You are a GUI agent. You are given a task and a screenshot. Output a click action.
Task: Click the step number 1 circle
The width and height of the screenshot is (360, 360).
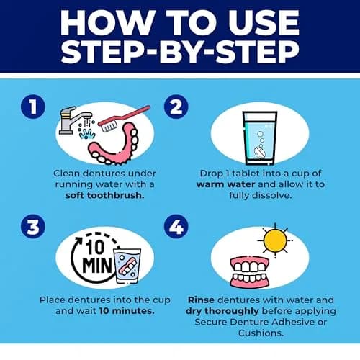tap(33, 107)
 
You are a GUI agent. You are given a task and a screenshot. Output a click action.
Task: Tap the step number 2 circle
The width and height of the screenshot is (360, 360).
tap(176, 107)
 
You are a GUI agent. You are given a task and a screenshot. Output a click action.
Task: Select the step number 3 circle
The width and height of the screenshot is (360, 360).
tap(33, 226)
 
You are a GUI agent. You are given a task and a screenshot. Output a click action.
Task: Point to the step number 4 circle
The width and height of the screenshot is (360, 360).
tap(176, 226)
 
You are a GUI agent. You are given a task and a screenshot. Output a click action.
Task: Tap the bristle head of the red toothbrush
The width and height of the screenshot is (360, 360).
tap(109, 125)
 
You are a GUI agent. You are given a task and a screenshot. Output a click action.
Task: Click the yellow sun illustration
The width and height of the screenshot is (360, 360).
tap(275, 240)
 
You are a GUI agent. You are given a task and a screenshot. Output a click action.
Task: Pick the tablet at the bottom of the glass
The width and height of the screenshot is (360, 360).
tap(260, 152)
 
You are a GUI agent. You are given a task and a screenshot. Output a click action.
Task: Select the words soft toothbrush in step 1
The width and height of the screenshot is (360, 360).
tap(104, 195)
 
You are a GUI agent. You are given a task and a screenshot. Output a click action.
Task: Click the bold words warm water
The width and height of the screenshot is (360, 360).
tap(225, 184)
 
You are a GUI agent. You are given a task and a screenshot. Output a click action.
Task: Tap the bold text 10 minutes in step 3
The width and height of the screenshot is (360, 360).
tap(127, 311)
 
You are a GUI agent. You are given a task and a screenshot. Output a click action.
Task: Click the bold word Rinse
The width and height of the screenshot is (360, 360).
tap(201, 300)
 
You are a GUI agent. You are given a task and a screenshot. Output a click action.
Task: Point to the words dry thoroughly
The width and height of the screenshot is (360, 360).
tap(222, 311)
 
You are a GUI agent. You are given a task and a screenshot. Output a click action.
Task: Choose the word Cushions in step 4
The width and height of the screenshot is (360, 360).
tap(261, 333)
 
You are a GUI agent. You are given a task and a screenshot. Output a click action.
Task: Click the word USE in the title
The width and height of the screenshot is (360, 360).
tap(264, 22)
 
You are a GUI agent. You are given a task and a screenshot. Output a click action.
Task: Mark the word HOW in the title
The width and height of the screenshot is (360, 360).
tap(108, 22)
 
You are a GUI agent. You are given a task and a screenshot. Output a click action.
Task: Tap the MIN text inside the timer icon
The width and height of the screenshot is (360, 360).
tap(97, 266)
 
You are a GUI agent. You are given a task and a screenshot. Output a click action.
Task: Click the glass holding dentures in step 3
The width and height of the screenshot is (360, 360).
tap(127, 266)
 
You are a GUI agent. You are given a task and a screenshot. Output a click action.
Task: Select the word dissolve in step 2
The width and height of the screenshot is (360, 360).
tap(273, 195)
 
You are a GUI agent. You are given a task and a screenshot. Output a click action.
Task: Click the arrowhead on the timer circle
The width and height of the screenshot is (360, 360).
tap(78, 240)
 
